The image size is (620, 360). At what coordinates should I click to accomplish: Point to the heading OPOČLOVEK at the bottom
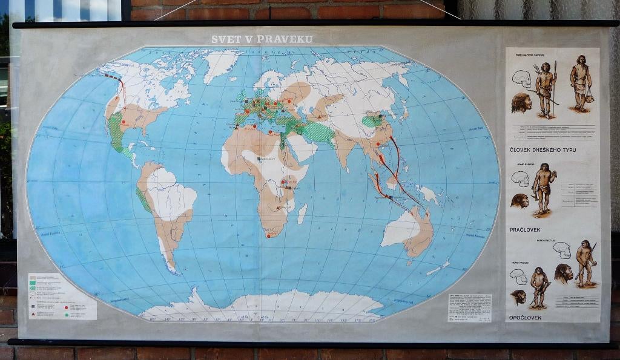pos(525,317)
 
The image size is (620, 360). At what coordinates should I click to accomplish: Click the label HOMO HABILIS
pos(519,262)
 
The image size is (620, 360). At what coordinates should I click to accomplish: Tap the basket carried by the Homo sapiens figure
pos(589,96)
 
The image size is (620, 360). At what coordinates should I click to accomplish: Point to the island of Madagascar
pos(302,213)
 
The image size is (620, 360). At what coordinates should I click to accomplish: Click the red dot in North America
pos(125,122)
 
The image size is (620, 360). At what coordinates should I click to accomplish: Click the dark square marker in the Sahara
pos(259,159)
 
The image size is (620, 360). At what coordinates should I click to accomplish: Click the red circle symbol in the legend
pos(66,306)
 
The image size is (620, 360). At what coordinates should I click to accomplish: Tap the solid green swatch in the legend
pos(34,278)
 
